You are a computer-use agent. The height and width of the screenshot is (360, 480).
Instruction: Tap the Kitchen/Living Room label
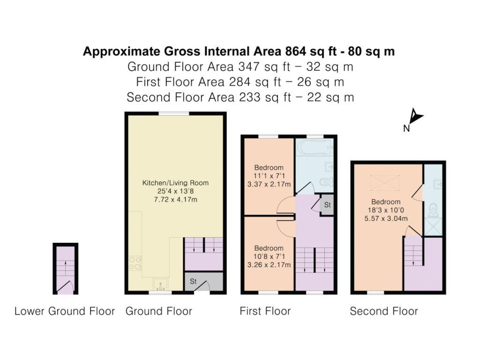(x=175, y=183)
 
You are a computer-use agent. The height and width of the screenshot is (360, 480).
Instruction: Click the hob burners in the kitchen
(x=135, y=263)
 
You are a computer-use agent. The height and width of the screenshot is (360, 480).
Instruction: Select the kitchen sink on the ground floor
(x=160, y=284)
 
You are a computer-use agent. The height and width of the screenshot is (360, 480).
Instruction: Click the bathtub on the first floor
(x=315, y=147)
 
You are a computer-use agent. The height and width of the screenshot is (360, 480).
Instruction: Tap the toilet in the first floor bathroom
(x=326, y=182)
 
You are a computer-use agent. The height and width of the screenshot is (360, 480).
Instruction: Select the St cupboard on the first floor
(x=327, y=204)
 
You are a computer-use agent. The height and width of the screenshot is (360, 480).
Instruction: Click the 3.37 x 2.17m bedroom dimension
(x=269, y=184)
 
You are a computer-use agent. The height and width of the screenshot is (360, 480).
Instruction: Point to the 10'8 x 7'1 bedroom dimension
(x=269, y=256)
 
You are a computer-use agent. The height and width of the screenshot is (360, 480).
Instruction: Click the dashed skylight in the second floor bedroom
(x=385, y=183)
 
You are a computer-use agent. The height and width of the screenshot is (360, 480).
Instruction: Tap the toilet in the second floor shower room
(x=434, y=210)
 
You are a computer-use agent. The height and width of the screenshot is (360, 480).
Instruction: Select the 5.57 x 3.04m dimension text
(x=386, y=218)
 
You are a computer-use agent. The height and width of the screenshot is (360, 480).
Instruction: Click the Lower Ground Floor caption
(x=65, y=311)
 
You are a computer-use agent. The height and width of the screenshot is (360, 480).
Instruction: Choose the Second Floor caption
(x=384, y=311)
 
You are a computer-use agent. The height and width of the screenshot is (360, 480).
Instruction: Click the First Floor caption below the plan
(x=265, y=311)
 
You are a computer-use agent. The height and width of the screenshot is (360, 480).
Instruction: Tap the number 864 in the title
(x=296, y=52)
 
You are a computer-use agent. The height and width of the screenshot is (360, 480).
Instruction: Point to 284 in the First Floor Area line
(x=239, y=82)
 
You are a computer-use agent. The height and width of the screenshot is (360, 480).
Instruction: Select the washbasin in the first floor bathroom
(x=329, y=167)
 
